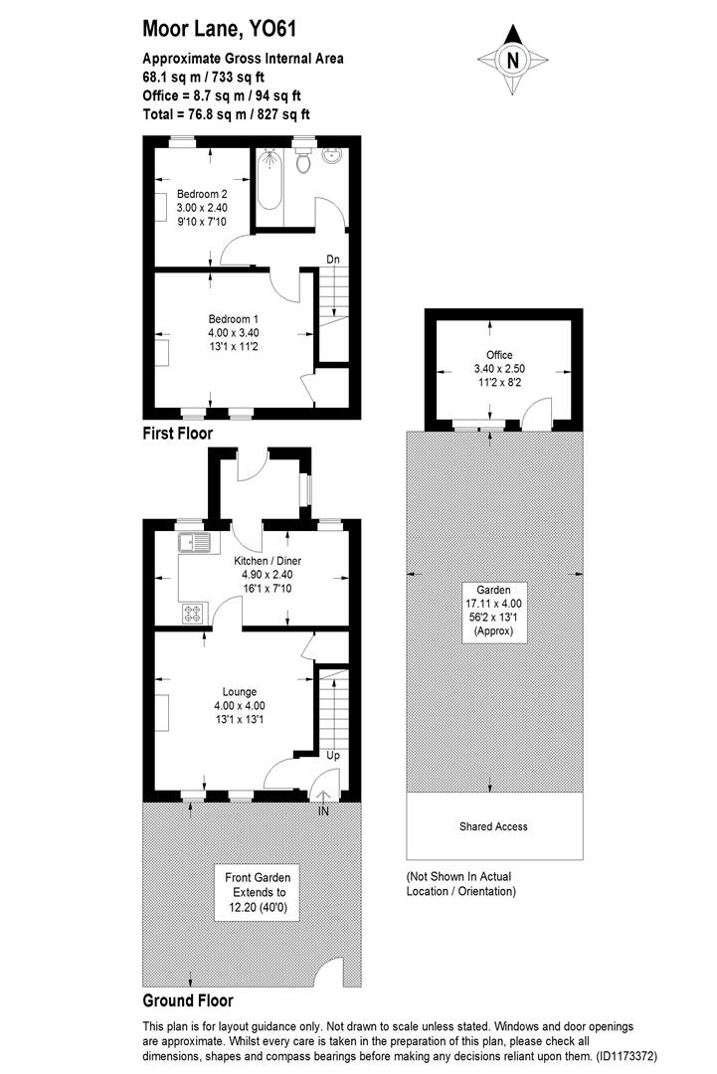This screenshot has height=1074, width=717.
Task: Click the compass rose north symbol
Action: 513,60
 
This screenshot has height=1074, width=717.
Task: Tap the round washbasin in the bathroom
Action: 334,157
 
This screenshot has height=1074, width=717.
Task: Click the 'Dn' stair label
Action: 333,261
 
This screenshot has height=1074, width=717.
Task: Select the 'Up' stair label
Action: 333,756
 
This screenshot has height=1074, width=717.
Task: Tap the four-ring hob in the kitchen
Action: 192,614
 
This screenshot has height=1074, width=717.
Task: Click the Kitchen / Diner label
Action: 267,561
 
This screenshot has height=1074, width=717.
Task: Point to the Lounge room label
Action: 240,691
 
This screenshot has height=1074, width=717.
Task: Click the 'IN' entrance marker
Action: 323,811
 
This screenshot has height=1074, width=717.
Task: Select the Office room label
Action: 498,355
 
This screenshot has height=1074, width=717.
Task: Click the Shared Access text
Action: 493,826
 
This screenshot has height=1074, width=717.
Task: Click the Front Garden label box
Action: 258,892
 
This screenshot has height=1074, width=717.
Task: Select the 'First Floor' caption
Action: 178,434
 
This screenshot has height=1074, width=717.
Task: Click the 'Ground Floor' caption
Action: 188,1000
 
